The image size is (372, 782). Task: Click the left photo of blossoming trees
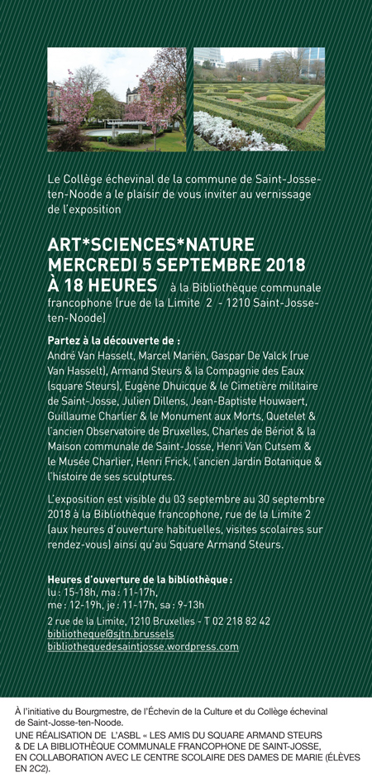(x=117, y=99)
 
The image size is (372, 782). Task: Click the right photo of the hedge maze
(x=259, y=99)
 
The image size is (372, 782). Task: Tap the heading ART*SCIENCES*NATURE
(x=151, y=246)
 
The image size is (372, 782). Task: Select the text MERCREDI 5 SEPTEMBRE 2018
(x=176, y=265)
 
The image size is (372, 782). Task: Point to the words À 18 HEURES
(x=103, y=285)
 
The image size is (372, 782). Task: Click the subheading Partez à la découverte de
(x=114, y=340)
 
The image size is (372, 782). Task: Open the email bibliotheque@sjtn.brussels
(x=111, y=633)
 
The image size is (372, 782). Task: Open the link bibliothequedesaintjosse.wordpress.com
(x=143, y=646)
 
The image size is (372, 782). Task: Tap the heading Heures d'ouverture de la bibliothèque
(x=139, y=580)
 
